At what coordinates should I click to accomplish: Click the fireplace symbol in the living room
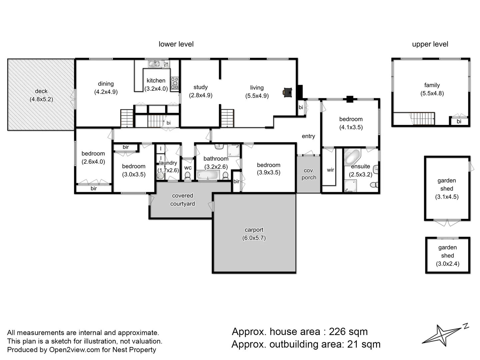tap(288, 92)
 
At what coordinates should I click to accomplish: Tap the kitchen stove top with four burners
tap(174, 83)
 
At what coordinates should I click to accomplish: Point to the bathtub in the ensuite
tap(352, 156)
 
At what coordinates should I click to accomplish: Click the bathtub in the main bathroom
tap(207, 175)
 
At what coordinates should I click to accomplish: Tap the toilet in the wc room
tap(188, 176)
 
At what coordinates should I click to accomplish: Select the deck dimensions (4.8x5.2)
tap(41, 99)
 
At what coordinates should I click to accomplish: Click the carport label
tap(254, 230)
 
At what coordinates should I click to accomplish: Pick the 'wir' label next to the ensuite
tap(330, 170)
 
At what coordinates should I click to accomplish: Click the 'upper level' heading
tap(430, 44)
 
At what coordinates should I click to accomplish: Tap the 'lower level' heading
tap(176, 44)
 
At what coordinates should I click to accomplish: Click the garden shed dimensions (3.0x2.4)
tap(447, 264)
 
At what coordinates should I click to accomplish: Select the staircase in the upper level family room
tap(422, 118)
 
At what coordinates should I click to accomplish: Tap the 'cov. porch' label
tap(309, 174)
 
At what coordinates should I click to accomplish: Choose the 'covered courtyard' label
tap(182, 200)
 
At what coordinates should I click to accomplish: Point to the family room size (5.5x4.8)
tap(432, 93)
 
